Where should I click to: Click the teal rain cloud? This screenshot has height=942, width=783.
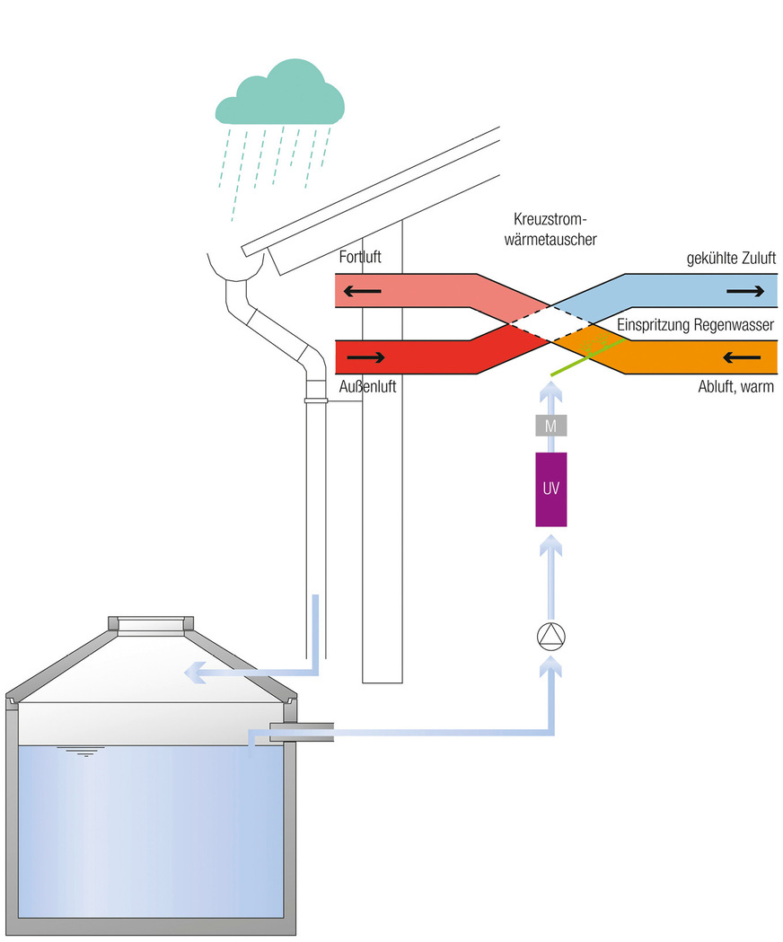(x=279, y=94)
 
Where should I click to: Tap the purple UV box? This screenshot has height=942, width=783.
(x=550, y=489)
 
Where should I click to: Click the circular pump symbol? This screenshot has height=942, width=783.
(x=550, y=636)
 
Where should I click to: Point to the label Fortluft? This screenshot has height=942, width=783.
(x=360, y=258)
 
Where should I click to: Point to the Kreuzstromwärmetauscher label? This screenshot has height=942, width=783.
(x=555, y=230)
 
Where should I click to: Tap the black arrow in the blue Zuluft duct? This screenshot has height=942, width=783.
(x=747, y=291)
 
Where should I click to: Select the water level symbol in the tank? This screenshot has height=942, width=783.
(x=74, y=751)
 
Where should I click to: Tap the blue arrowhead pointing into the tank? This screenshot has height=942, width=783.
(x=191, y=671)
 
